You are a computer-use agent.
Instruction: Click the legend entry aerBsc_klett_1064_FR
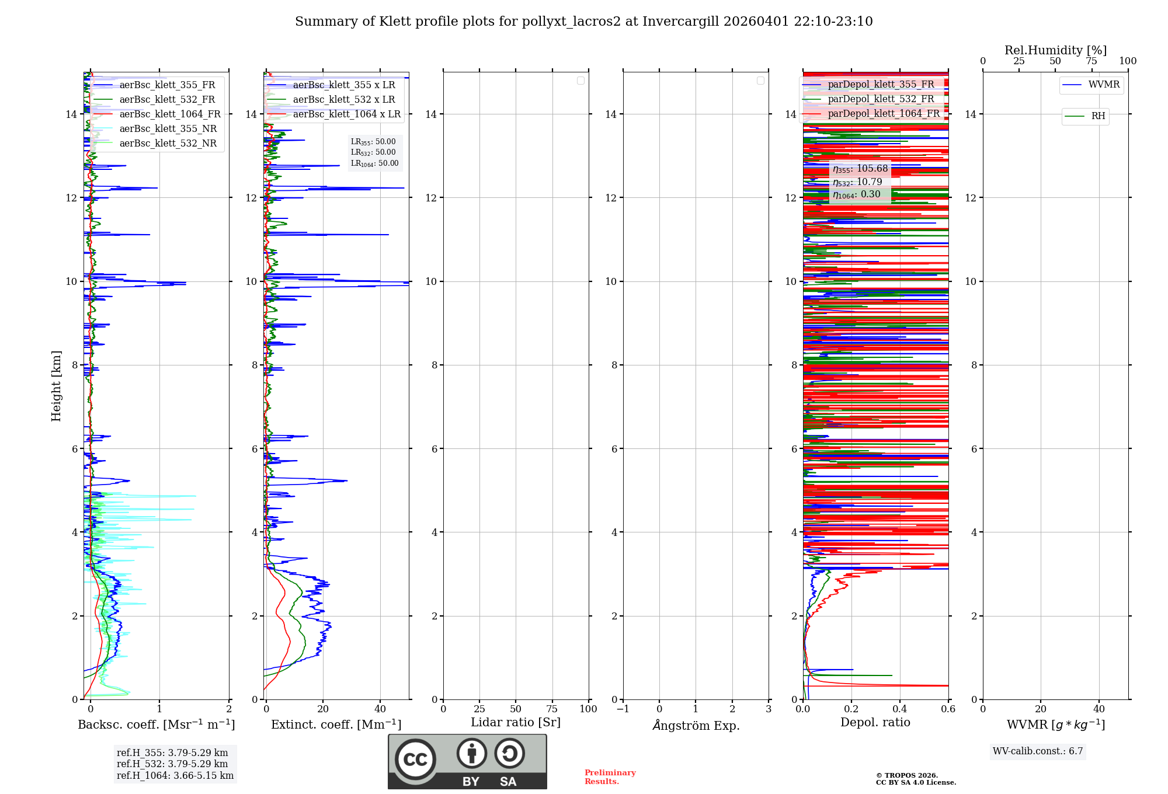click(x=169, y=114)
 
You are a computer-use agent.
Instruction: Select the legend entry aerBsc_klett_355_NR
click(x=168, y=128)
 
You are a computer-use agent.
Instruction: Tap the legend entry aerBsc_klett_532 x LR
click(x=343, y=99)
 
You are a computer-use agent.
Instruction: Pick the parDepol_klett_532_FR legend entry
click(x=881, y=99)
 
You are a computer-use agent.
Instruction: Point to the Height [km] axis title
click(x=56, y=385)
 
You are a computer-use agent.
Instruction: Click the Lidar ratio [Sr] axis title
click(x=515, y=722)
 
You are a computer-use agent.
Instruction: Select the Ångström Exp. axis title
click(x=696, y=725)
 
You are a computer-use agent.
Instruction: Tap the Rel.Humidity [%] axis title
click(x=1055, y=50)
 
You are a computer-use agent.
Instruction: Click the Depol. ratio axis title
click(x=875, y=722)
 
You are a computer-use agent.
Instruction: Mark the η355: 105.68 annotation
click(x=860, y=169)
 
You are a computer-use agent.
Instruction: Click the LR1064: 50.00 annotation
click(x=374, y=163)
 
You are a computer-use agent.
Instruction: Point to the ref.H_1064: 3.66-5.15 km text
click(x=175, y=775)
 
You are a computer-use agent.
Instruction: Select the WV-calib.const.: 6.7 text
click(x=1037, y=751)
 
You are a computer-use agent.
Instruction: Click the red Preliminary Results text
click(x=610, y=776)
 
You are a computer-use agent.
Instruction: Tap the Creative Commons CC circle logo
click(x=415, y=759)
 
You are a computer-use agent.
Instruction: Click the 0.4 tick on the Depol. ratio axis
click(x=899, y=709)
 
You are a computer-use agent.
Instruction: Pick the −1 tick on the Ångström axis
click(x=623, y=709)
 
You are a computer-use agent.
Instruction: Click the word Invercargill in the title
click(x=680, y=22)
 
